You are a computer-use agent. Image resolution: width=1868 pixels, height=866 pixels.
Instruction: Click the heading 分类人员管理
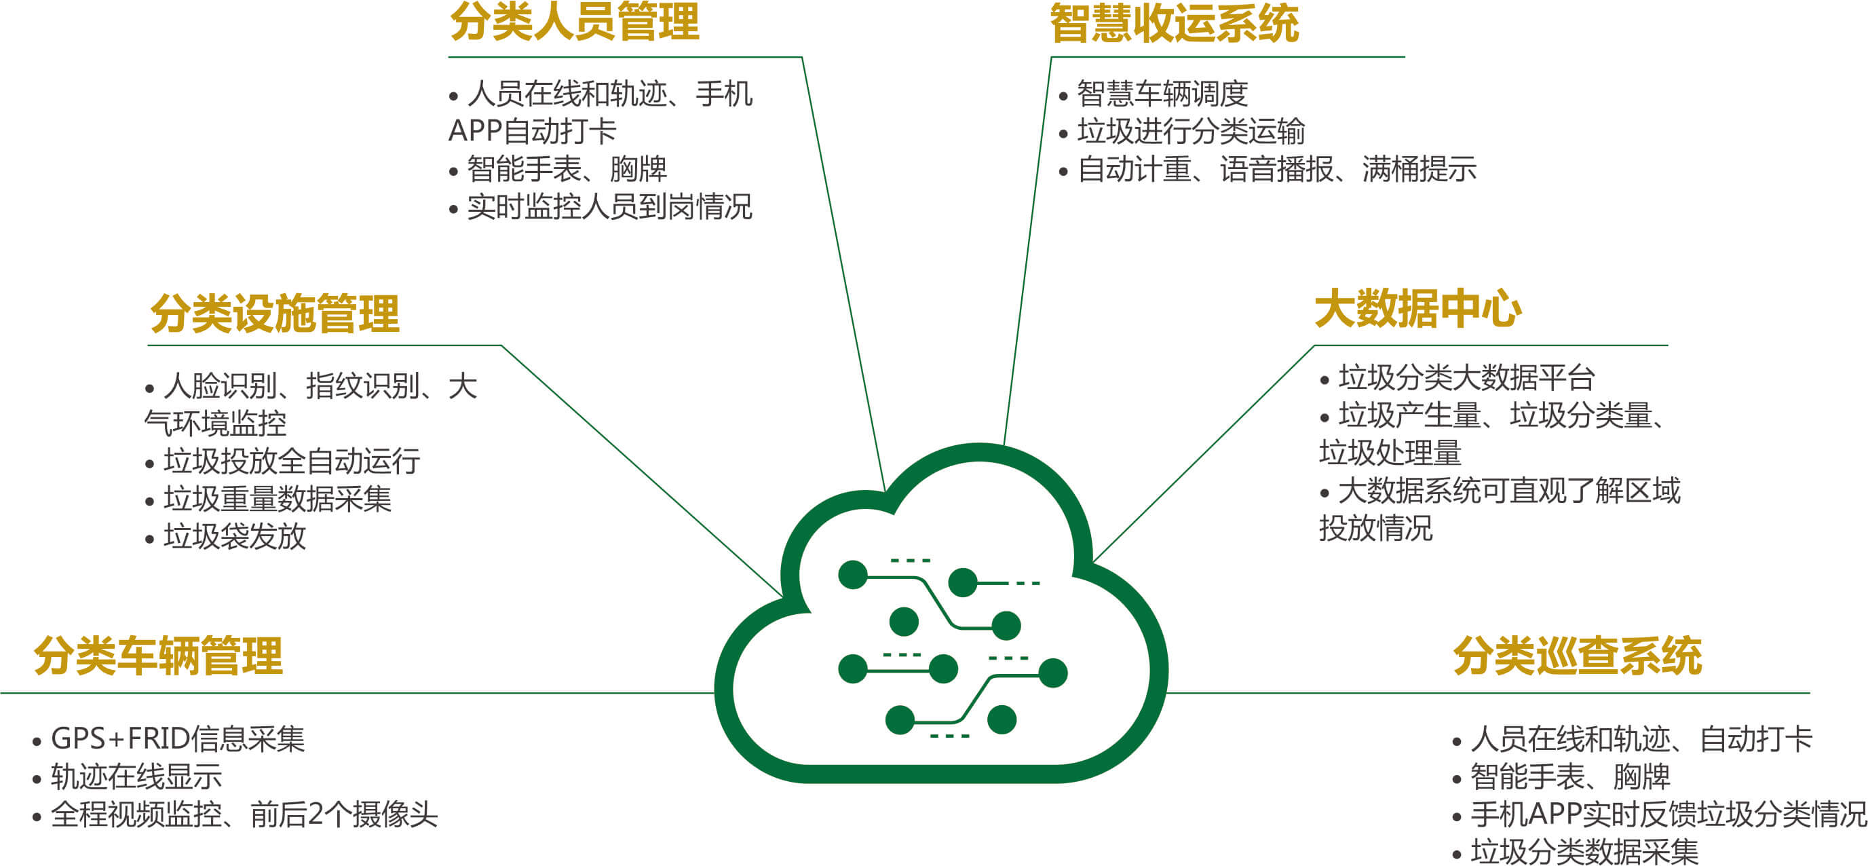[x=574, y=22]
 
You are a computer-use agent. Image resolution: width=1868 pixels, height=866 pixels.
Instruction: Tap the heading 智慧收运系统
[x=1174, y=23]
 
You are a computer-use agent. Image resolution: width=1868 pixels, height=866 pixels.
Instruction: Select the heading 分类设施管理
[x=275, y=314]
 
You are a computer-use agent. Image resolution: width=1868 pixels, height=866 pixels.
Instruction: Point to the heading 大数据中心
[x=1417, y=309]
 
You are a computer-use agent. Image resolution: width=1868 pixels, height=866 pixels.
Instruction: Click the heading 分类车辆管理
[x=158, y=656]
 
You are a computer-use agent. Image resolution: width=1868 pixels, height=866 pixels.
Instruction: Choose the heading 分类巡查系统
[x=1577, y=656]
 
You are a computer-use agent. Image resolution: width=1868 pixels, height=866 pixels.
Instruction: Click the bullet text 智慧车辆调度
[x=1162, y=94]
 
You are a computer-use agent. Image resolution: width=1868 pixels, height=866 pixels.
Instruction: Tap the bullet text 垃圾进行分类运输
[x=1192, y=131]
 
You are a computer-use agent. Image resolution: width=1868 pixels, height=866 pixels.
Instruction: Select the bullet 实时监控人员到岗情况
[x=610, y=207]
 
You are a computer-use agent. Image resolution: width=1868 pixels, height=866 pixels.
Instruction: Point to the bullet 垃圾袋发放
[x=235, y=537]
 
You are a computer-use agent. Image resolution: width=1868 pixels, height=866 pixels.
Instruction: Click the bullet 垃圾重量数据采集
[x=278, y=499]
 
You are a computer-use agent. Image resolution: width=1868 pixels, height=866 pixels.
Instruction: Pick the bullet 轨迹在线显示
[x=136, y=777]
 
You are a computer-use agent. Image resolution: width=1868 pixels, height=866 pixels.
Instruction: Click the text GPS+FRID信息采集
[x=178, y=739]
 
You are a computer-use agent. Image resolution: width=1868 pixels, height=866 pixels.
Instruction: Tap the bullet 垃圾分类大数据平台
[x=1466, y=378]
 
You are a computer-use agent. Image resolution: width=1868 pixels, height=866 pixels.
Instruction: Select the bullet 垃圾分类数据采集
[x=1584, y=852]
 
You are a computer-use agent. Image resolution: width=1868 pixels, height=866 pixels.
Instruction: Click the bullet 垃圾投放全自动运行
[x=292, y=462]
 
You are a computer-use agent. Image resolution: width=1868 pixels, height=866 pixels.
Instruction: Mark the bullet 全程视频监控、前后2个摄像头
[x=244, y=814]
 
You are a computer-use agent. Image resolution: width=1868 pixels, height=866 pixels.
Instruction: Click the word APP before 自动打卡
[x=475, y=131]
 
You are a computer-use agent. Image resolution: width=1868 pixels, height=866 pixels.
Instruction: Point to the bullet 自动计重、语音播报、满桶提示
[x=1277, y=169]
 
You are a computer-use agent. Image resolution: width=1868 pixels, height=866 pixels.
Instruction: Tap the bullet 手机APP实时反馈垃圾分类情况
[x=1669, y=814]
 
